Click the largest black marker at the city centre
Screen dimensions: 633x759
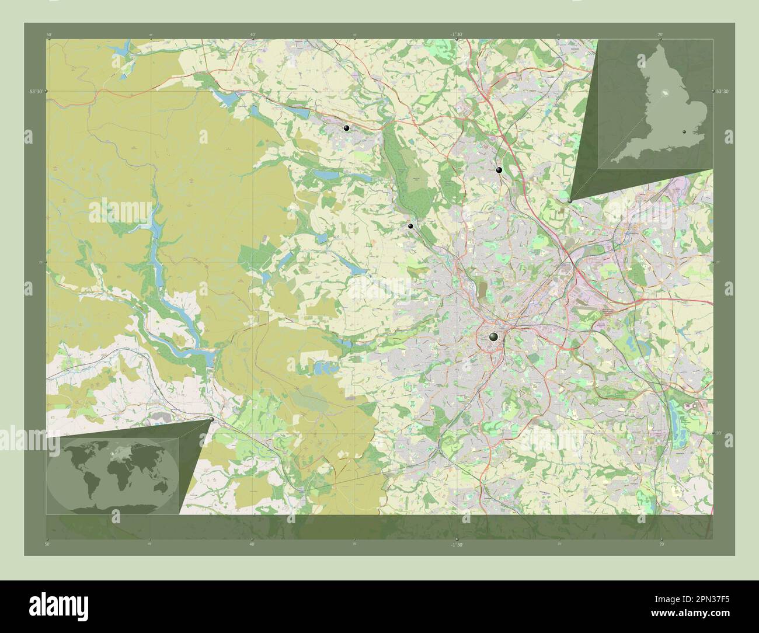(x=494, y=336)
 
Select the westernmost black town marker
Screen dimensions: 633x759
(x=347, y=128)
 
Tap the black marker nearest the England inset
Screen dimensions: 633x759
(x=499, y=170)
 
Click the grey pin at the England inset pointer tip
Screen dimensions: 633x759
(x=570, y=200)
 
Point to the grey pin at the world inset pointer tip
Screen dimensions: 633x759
(x=211, y=419)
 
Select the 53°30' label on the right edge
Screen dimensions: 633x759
(x=722, y=91)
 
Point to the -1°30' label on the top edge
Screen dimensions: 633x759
(x=456, y=35)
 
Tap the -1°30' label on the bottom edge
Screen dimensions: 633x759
(x=456, y=545)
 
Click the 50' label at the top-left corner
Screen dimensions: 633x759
(x=48, y=35)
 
